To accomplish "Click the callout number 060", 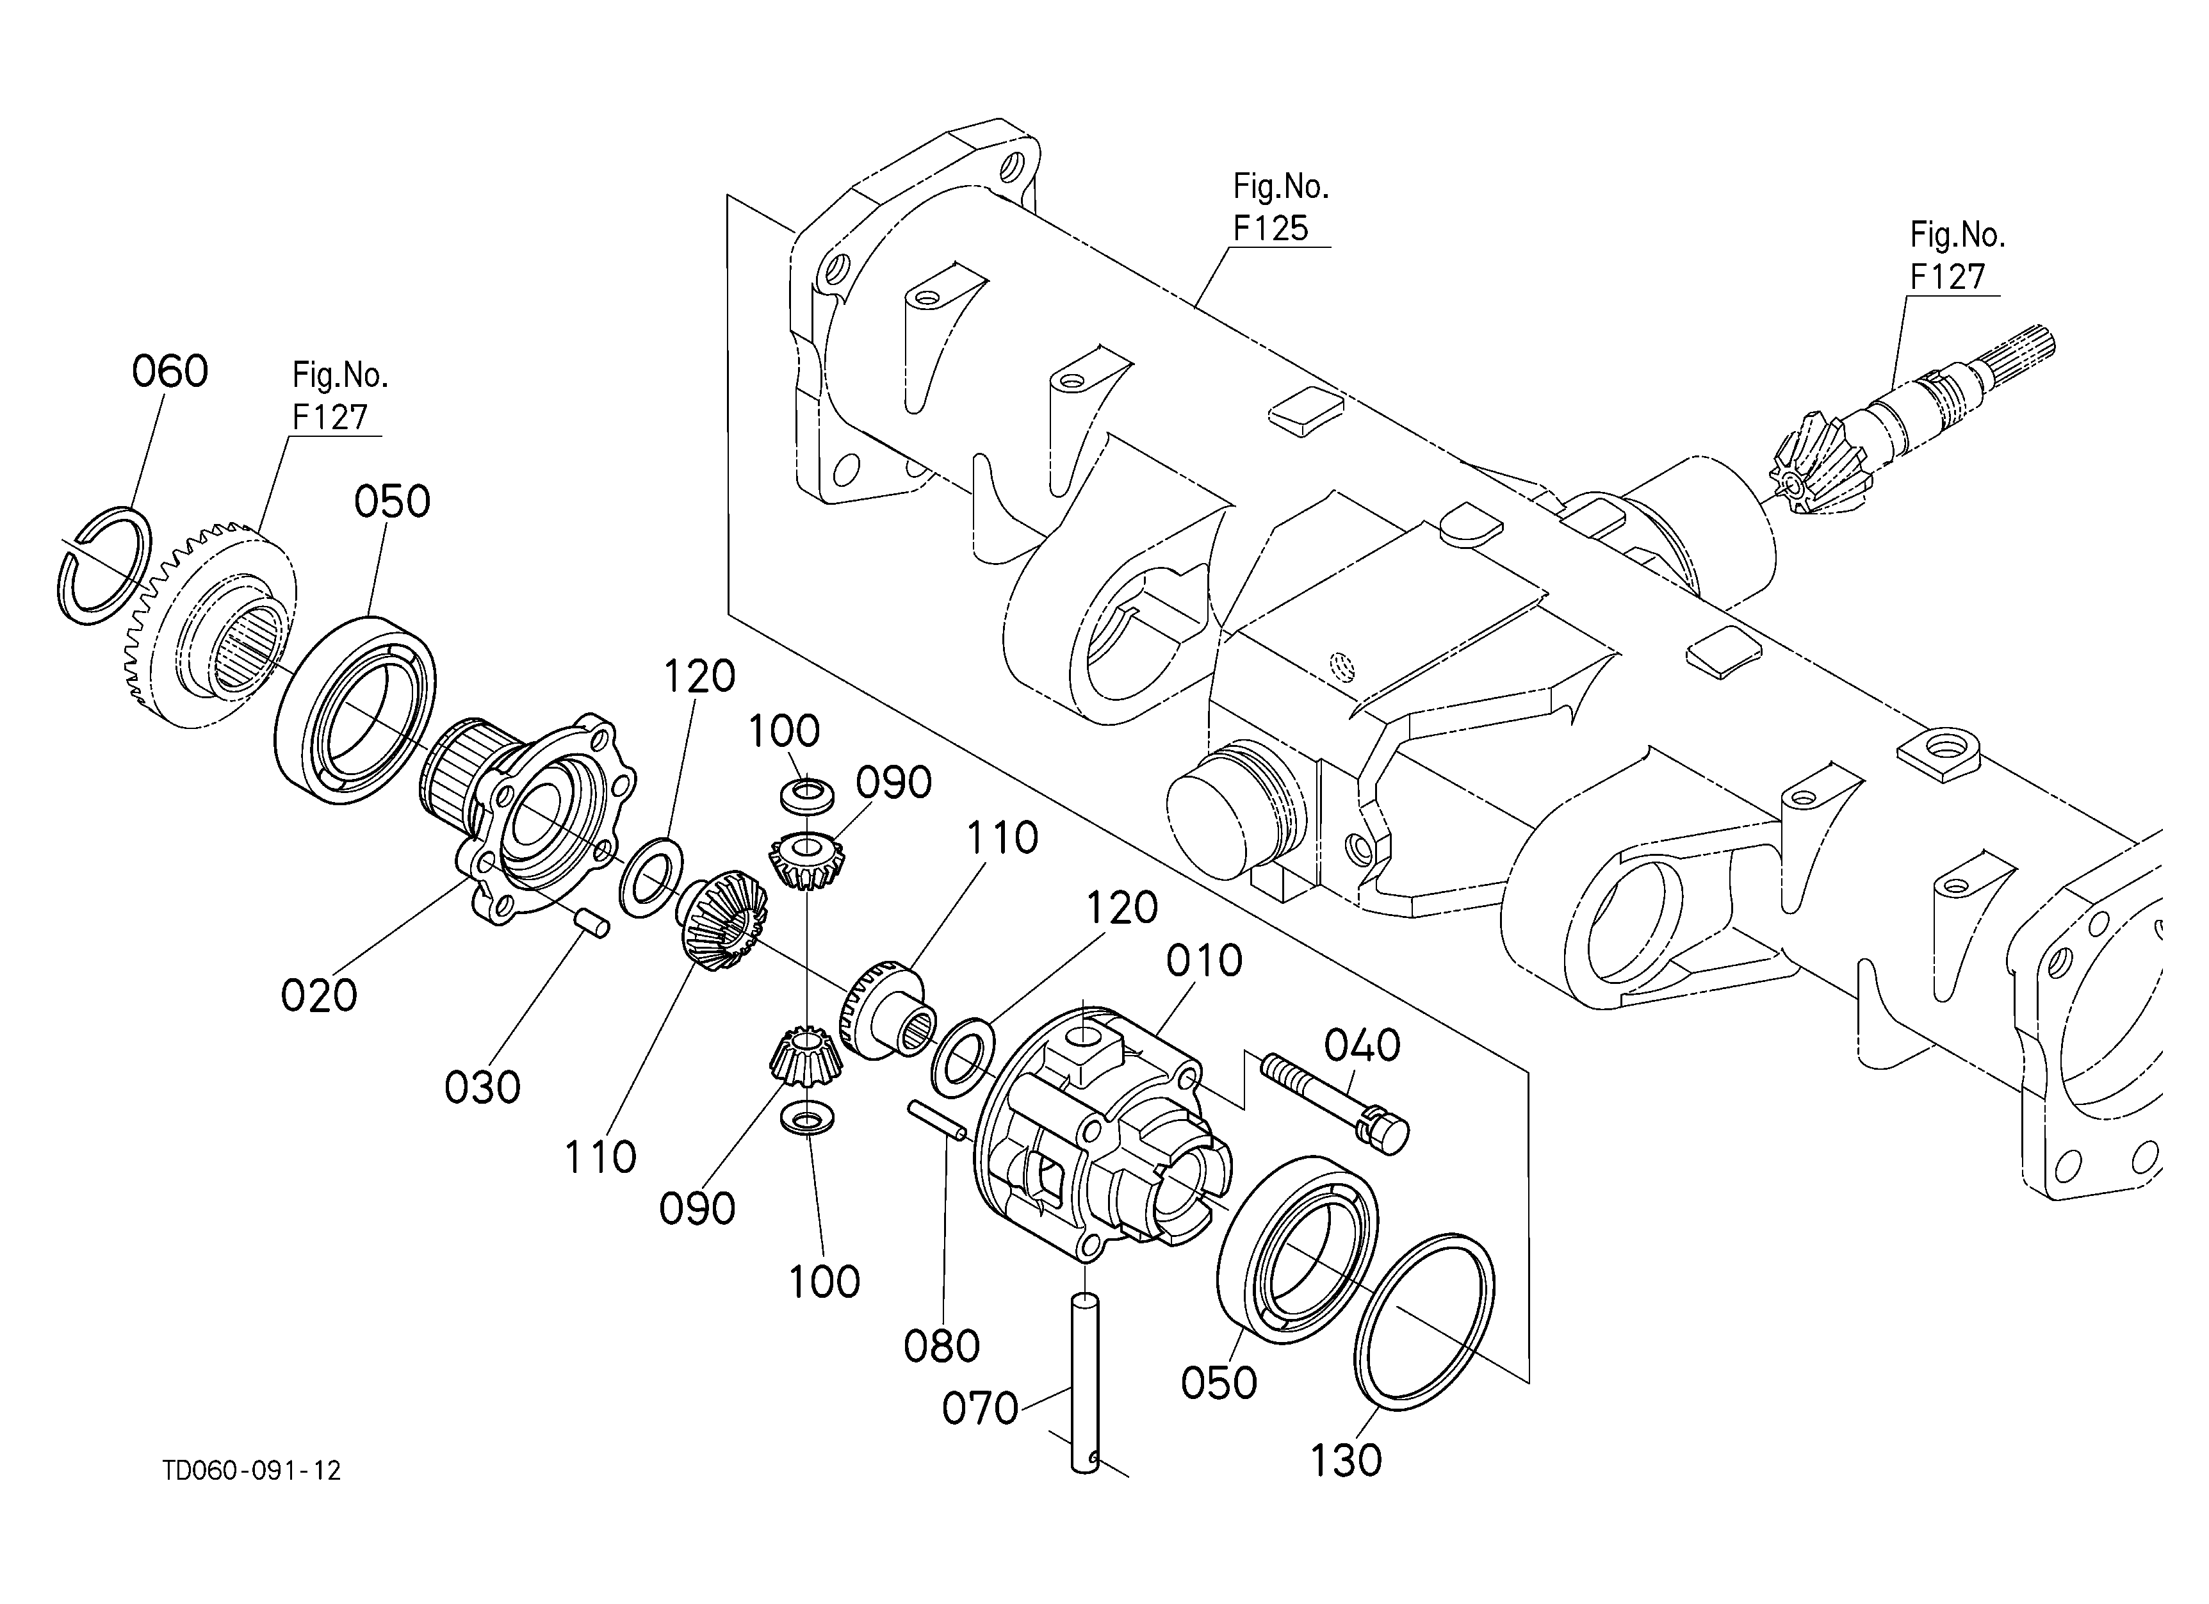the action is point(170,372).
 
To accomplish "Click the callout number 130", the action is point(1345,1461).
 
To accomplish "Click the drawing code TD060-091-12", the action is point(252,1471).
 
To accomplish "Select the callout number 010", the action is point(1204,962).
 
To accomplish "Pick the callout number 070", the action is point(980,1408).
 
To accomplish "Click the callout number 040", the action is point(1362,1046).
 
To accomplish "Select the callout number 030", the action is point(482,1087).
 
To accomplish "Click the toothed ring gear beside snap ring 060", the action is point(209,628).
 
